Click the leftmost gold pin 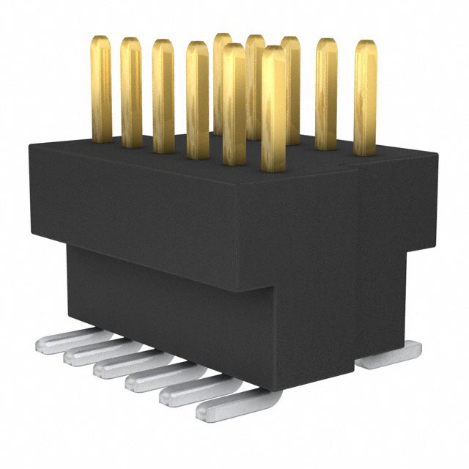click(x=101, y=88)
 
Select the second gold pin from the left click(x=131, y=92)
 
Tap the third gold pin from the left click(x=163, y=95)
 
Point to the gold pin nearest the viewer click(x=273, y=110)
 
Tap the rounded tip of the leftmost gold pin click(x=101, y=40)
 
